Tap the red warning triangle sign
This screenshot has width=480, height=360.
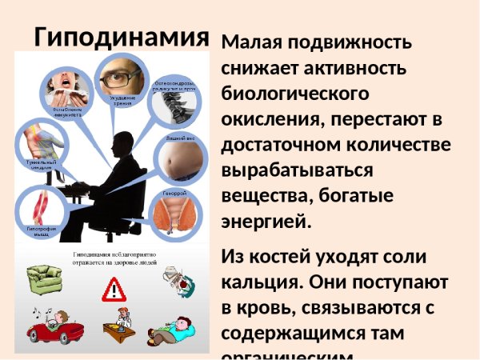point(114,288)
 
